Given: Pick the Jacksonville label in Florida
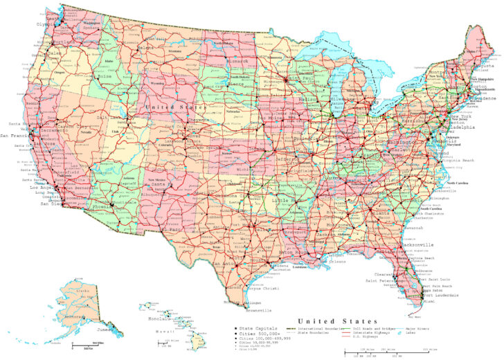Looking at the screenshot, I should click(x=414, y=244).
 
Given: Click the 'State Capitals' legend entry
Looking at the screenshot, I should click(x=255, y=327).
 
